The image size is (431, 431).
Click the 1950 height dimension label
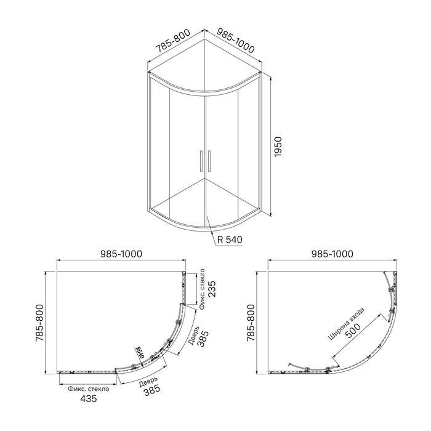coord(278,147)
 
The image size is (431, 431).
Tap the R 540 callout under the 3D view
coord(230,240)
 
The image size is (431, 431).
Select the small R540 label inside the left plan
coord(140,352)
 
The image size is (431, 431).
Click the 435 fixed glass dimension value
coord(89,398)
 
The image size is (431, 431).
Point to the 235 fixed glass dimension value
coord(212,289)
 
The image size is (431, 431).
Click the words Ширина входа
coord(347,323)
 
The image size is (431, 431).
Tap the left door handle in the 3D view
coord(201,161)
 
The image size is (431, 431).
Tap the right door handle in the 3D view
coord(209,161)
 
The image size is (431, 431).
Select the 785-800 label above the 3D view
coord(173,41)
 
